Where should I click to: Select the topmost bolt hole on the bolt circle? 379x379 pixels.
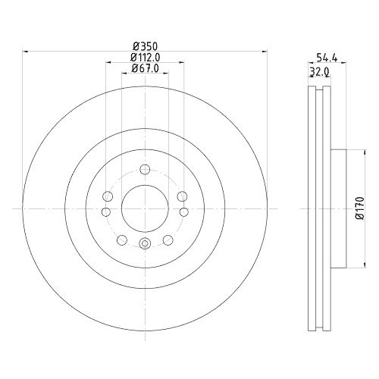[144, 169]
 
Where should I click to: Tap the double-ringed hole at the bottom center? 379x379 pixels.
[144, 243]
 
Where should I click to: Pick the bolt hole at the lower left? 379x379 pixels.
[122, 240]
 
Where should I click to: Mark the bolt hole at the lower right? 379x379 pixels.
[166, 240]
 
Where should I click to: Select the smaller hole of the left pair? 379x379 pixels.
[106, 213]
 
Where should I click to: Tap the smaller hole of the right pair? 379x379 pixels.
[182, 213]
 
